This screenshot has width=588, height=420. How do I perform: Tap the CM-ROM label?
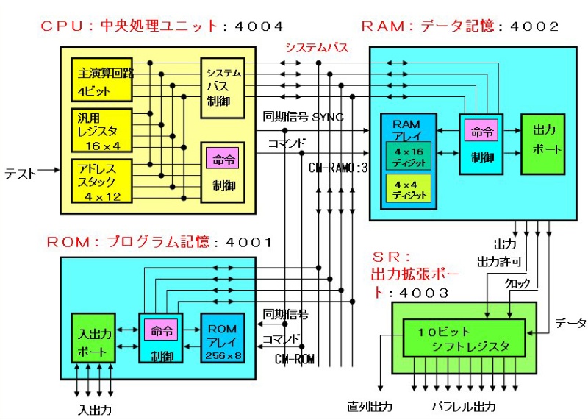pyautogui.click(x=295, y=359)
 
